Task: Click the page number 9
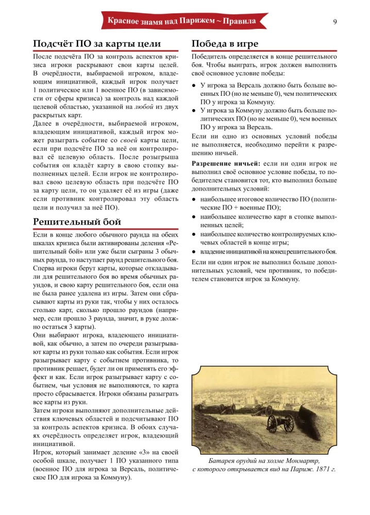[x=335, y=22]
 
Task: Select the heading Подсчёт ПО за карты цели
[x=97, y=43]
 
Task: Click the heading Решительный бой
[x=77, y=222]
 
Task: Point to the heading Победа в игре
[x=225, y=43]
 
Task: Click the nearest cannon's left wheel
[x=272, y=424]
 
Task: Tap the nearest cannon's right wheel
[x=289, y=423]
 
